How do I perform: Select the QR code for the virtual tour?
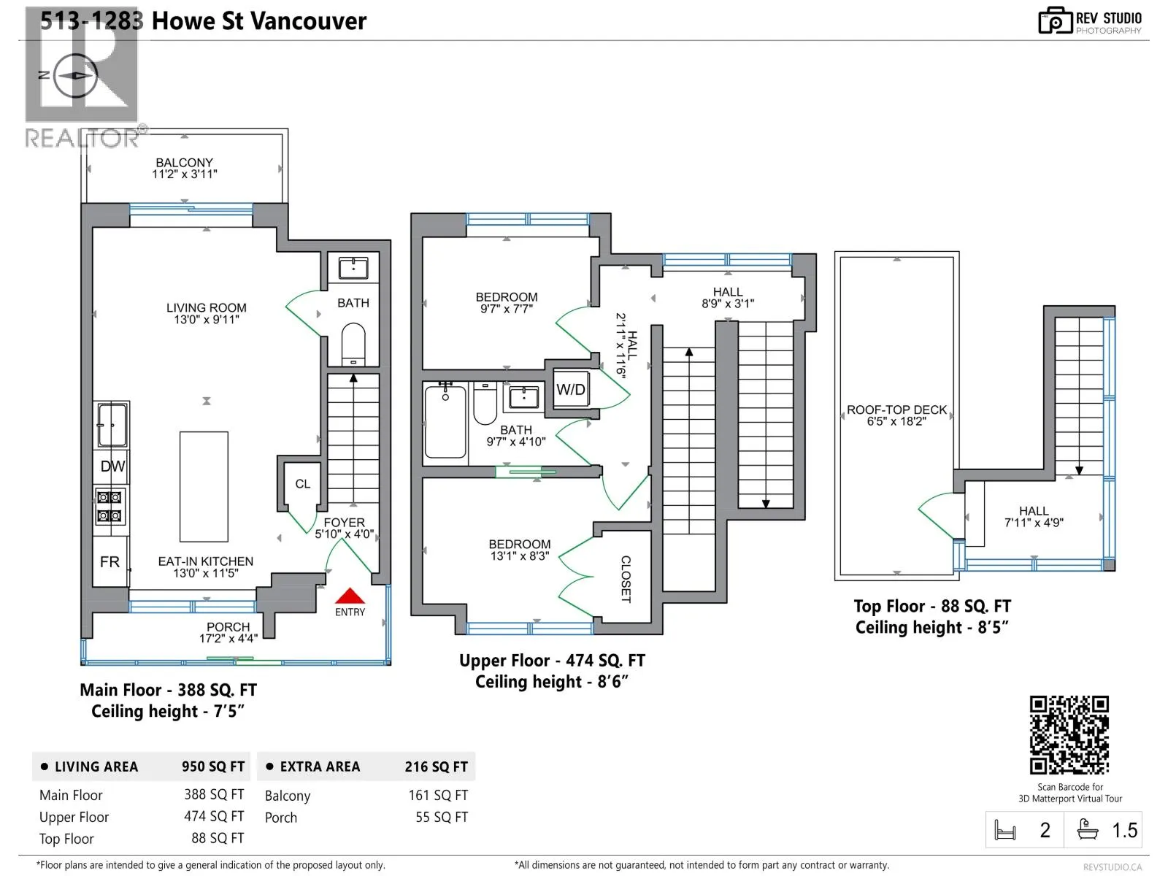[1069, 735]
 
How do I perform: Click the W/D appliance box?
[570, 389]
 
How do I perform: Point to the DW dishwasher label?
[112, 466]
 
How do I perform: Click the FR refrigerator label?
[109, 561]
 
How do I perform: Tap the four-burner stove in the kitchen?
[109, 507]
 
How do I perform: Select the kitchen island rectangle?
[204, 487]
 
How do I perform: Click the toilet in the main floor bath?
[353, 342]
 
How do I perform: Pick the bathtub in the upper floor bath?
[445, 420]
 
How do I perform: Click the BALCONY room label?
[184, 162]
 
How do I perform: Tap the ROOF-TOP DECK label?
[896, 410]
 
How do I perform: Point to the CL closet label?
[303, 484]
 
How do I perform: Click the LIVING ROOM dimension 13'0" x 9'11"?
[207, 319]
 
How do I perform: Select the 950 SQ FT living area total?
[213, 766]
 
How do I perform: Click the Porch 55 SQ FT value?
[441, 817]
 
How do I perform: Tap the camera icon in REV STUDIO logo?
[1055, 20]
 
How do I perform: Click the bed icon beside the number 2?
[1004, 830]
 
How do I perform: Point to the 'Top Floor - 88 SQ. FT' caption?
[931, 606]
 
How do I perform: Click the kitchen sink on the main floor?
[112, 424]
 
